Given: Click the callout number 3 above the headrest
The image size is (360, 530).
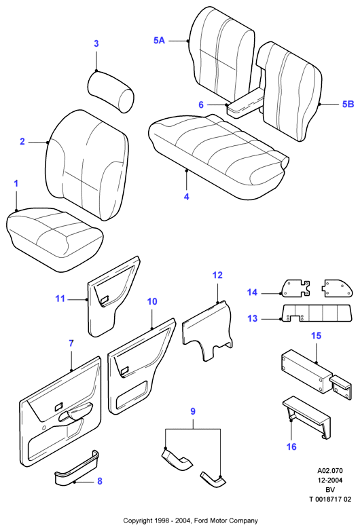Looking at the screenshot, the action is [96, 43].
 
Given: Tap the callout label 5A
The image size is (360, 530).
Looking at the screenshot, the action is [159, 41].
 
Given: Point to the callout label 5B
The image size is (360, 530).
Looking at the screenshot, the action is [348, 104].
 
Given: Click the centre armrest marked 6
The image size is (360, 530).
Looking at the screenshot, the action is [246, 102].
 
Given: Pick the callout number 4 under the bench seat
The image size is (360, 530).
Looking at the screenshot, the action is [187, 197].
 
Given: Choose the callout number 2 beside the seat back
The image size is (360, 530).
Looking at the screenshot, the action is [22, 141].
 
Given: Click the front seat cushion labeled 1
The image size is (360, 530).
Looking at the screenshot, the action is [54, 238].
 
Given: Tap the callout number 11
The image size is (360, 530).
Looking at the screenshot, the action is [60, 299].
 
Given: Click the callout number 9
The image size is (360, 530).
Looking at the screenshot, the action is [193, 412].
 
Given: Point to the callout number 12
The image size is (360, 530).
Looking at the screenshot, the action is [217, 275].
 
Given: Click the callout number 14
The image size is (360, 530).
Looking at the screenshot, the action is [252, 292].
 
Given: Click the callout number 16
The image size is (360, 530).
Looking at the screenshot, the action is [291, 447].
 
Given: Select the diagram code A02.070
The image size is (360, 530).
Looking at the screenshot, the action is [330, 470].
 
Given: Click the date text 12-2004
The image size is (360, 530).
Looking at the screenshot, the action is [330, 480].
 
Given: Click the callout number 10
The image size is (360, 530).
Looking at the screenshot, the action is [152, 301].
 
